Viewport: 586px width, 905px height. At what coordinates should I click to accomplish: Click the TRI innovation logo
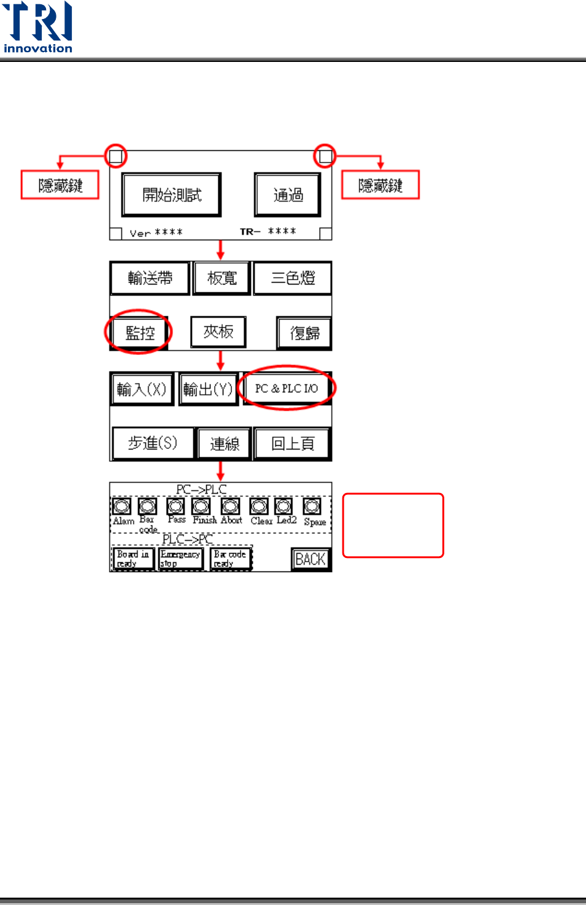pyautogui.click(x=37, y=28)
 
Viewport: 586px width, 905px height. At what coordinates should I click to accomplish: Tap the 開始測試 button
pyautogui.click(x=171, y=195)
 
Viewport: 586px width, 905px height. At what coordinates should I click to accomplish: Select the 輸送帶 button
pyautogui.click(x=150, y=278)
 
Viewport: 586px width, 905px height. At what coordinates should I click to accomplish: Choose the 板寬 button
pyautogui.click(x=222, y=278)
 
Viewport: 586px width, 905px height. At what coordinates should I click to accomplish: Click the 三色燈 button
pyautogui.click(x=293, y=278)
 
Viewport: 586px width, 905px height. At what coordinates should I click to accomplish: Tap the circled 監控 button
pyautogui.click(x=139, y=333)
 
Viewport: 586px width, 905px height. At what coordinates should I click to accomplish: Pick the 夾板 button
pyautogui.click(x=218, y=332)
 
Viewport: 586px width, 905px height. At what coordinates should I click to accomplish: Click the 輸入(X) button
pyautogui.click(x=142, y=389)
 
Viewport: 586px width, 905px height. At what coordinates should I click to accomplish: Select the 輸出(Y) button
pyautogui.click(x=208, y=389)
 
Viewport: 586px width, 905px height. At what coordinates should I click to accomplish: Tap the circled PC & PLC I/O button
pyautogui.click(x=287, y=388)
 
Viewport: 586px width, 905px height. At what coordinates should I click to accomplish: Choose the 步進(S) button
pyautogui.click(x=153, y=443)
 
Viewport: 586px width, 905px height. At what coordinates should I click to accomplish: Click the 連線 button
pyautogui.click(x=225, y=443)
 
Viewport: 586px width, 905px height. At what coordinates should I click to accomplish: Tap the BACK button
pyautogui.click(x=310, y=559)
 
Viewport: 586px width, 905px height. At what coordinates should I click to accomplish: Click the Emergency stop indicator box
pyautogui.click(x=180, y=559)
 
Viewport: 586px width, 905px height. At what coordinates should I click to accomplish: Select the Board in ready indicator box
pyautogui.click(x=133, y=559)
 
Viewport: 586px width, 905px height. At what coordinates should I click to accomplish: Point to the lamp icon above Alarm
pyautogui.click(x=122, y=506)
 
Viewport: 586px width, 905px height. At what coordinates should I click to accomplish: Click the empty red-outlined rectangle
pyautogui.click(x=393, y=525)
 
